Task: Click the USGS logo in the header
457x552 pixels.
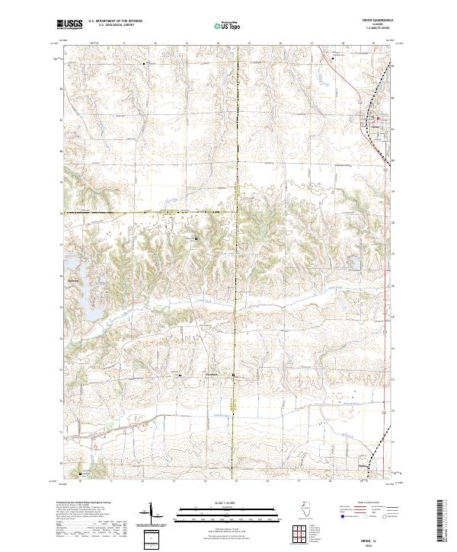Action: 69,25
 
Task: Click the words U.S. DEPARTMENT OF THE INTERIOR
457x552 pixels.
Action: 116,22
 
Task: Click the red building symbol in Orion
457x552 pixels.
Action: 377,117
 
